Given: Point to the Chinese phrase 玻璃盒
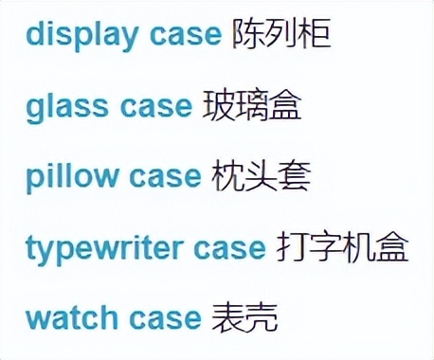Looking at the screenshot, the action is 252,105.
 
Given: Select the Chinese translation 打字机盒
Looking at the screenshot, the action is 342,247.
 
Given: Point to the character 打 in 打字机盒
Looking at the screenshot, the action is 292,247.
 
